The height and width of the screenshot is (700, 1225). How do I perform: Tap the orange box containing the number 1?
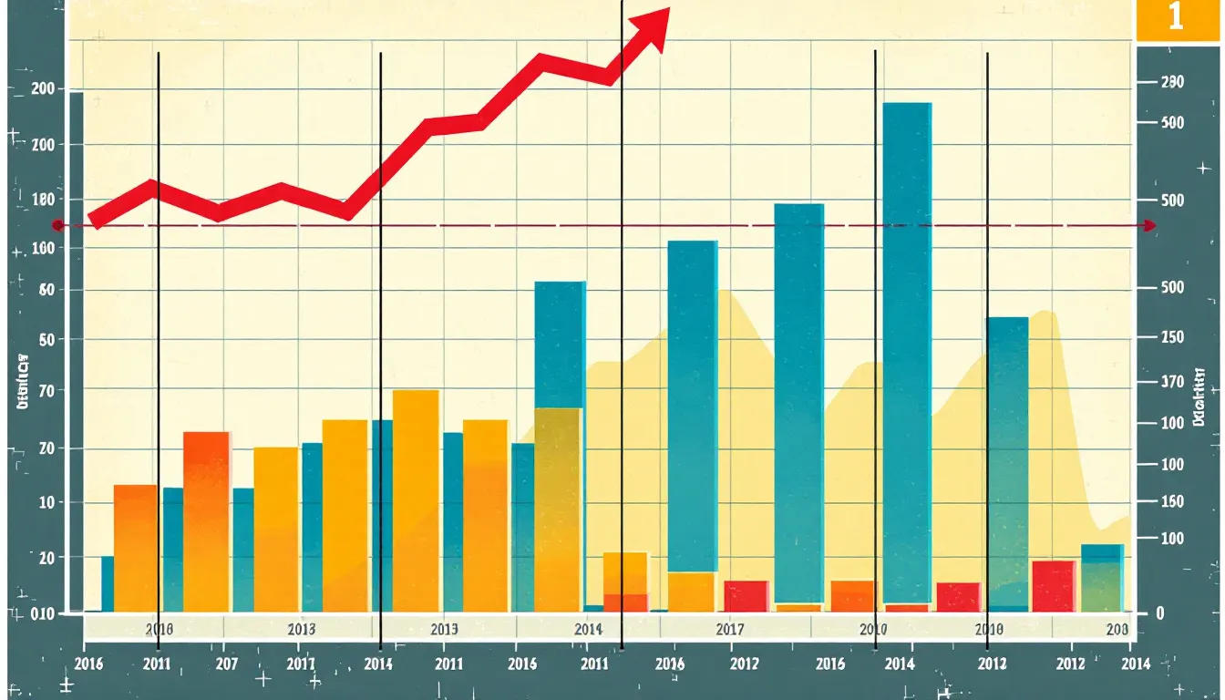point(1176,18)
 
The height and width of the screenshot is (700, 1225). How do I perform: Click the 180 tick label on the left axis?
point(42,200)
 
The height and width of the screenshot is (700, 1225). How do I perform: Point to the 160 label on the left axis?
point(42,248)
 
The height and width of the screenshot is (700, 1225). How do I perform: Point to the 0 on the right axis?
point(1160,613)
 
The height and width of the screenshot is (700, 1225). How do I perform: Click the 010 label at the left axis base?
point(42,612)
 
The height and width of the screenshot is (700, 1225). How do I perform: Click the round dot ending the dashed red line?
point(57,225)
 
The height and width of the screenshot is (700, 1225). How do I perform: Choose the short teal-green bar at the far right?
point(1102,578)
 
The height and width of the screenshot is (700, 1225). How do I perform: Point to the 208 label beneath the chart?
point(1117,630)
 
